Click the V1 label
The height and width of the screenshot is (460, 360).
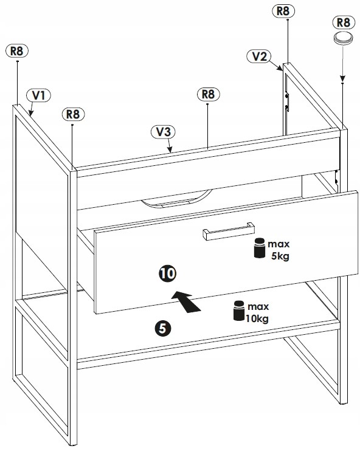(x=38, y=95)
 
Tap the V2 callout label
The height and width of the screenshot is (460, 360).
(x=258, y=57)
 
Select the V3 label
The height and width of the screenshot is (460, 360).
(x=163, y=132)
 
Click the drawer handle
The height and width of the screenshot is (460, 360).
(x=229, y=231)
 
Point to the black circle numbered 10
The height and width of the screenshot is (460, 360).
(x=167, y=273)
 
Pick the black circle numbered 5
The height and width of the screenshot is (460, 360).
(x=163, y=328)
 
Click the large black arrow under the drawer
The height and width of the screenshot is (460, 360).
(x=186, y=301)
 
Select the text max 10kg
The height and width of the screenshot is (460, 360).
(x=257, y=313)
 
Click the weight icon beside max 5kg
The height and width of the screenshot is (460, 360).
(x=260, y=248)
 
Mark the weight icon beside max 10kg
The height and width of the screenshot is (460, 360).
(x=239, y=311)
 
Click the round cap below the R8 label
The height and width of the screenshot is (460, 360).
(x=343, y=38)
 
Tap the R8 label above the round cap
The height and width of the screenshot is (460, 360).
(x=344, y=22)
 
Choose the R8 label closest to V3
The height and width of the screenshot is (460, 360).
(x=208, y=94)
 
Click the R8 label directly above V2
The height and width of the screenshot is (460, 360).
(x=283, y=11)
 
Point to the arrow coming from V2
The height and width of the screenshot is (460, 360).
(x=275, y=66)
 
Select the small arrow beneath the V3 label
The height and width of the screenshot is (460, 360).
(x=170, y=145)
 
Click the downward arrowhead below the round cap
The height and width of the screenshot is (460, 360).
(x=342, y=78)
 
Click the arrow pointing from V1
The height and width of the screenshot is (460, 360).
(x=31, y=109)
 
